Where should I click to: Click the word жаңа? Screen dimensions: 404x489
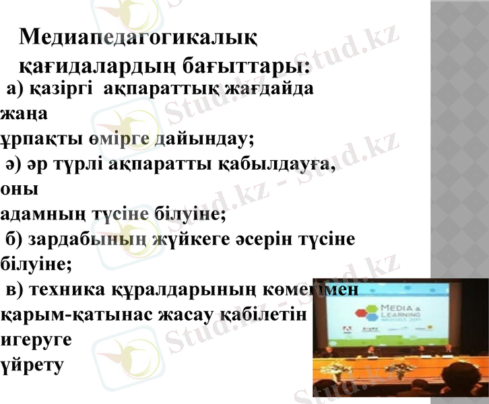tap(24, 114)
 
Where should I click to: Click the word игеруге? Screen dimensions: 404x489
tap(35, 340)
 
